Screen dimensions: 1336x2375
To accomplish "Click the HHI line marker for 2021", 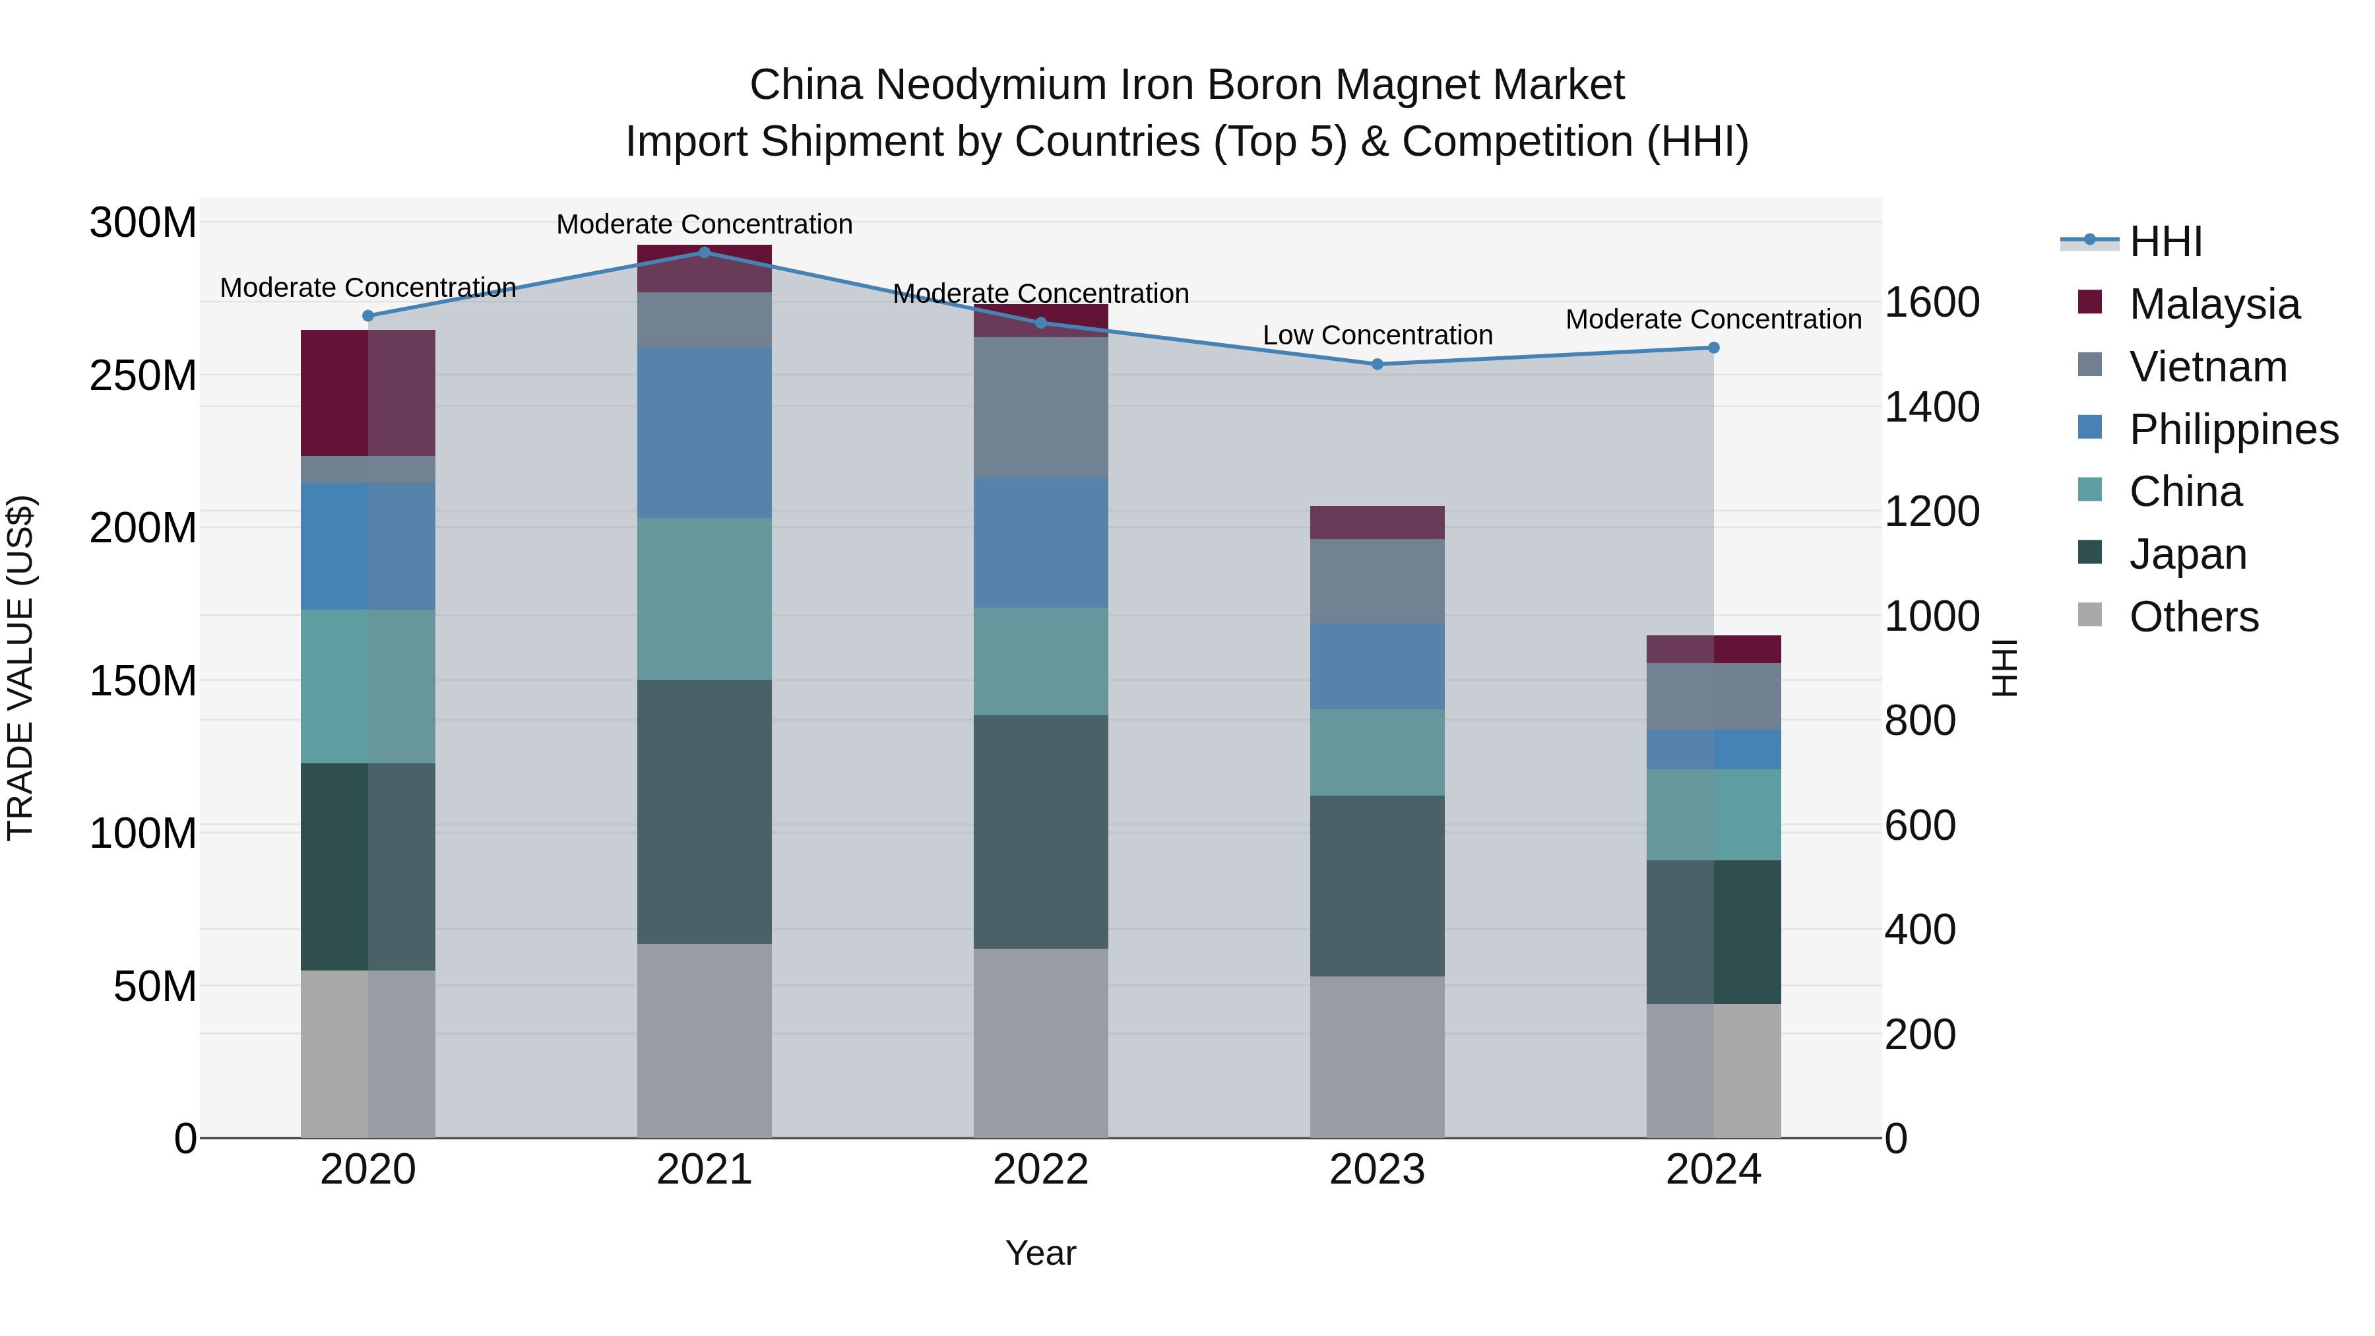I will [x=705, y=253].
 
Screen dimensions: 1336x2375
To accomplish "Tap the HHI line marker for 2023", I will [x=1377, y=364].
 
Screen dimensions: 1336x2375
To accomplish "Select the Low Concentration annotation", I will [x=1377, y=336].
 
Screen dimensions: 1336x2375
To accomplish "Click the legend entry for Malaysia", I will [x=2213, y=304].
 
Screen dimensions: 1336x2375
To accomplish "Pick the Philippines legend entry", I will [x=2233, y=429].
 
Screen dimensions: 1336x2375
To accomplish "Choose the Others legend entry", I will [x=2194, y=617].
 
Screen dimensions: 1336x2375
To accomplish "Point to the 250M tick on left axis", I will [x=143, y=376].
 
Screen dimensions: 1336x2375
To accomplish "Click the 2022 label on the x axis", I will [x=1041, y=1170].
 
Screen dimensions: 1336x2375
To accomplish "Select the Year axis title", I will [x=1041, y=1253].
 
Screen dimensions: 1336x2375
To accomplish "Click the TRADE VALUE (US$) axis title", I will [x=20, y=668].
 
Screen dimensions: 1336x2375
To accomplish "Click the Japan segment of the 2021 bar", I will [x=705, y=811].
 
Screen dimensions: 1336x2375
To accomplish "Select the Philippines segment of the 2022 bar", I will [x=1041, y=542].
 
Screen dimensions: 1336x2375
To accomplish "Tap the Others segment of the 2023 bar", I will [x=1377, y=1057].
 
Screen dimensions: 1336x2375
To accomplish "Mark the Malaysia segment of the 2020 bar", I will [x=368, y=393].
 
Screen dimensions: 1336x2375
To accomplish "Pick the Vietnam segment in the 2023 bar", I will [x=1377, y=581].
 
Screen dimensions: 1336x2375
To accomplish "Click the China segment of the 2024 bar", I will [x=1714, y=815].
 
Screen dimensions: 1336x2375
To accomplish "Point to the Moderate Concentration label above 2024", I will [x=1713, y=320].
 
